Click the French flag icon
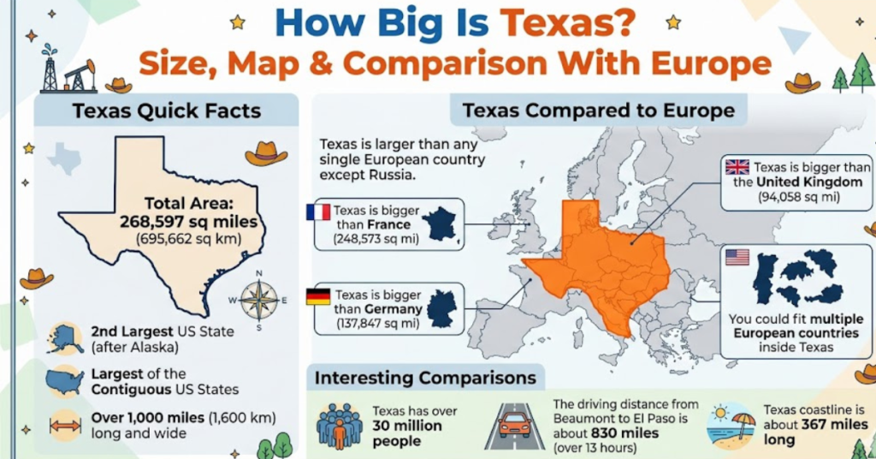[318, 212]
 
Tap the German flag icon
[318, 296]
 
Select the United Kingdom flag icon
[736, 166]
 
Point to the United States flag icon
[737, 257]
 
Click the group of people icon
[340, 425]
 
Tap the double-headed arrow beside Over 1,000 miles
[65, 426]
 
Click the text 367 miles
[833, 425]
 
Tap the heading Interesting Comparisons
[425, 378]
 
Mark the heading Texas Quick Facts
[167, 111]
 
